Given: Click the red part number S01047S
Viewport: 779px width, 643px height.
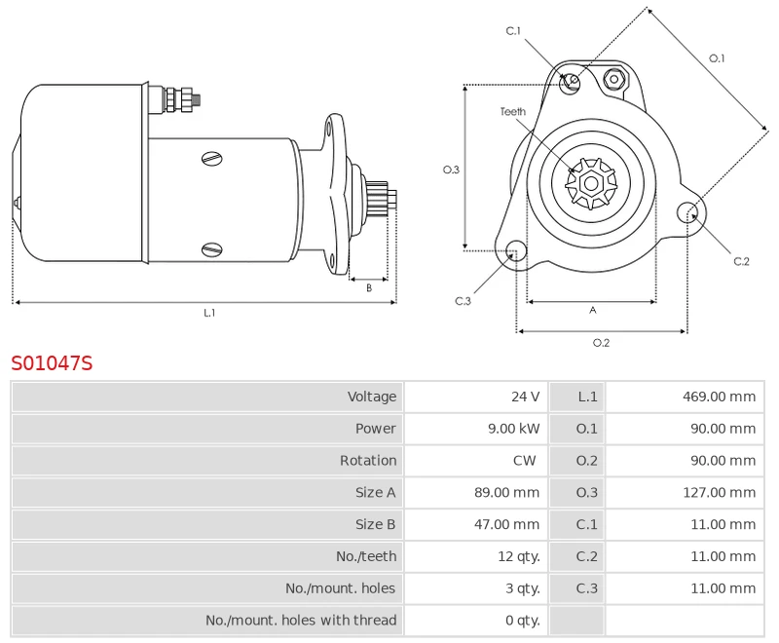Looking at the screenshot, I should [x=52, y=363].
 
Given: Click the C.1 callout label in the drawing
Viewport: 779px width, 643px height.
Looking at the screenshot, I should [x=513, y=31].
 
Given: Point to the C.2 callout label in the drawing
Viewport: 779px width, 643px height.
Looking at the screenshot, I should [x=741, y=261].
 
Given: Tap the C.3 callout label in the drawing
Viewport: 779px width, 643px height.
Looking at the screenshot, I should [x=463, y=301].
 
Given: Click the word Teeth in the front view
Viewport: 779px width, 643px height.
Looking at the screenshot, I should [x=513, y=112].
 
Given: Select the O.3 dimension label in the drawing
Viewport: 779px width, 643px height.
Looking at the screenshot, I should [x=451, y=170].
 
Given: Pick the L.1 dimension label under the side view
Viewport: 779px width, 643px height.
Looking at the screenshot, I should [x=208, y=313].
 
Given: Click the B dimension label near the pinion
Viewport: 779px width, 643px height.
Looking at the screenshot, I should [x=369, y=287].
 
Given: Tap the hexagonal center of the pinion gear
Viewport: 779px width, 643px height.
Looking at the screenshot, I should [x=591, y=182].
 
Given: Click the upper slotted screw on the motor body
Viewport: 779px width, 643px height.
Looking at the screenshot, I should [x=211, y=158].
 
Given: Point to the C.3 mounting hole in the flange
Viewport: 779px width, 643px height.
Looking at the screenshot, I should [x=515, y=251].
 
